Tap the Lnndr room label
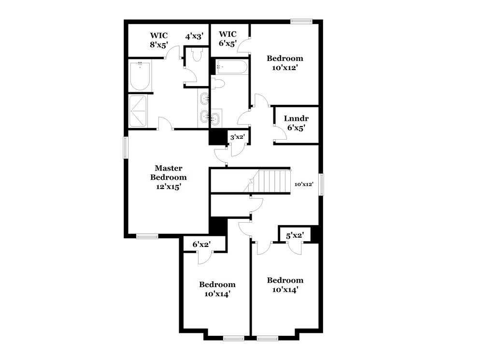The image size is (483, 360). point(296,123)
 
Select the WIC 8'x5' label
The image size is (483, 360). point(158,39)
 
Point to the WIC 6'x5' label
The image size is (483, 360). point(227,38)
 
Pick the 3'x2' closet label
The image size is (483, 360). point(237,137)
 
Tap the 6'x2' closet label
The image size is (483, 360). point(202,245)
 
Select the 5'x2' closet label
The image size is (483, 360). point(294,236)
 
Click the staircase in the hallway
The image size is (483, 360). point(274,181)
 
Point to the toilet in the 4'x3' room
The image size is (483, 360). point(197,55)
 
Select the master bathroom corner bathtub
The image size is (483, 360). point(139,76)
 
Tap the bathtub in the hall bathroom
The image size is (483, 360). point(231,67)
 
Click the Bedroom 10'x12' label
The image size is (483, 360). point(285,63)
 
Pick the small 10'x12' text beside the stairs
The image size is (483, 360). point(304,184)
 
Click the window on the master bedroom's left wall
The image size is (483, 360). point(125,147)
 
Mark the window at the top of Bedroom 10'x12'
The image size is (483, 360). point(301,21)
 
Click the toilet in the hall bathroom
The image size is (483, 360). point(218,84)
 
